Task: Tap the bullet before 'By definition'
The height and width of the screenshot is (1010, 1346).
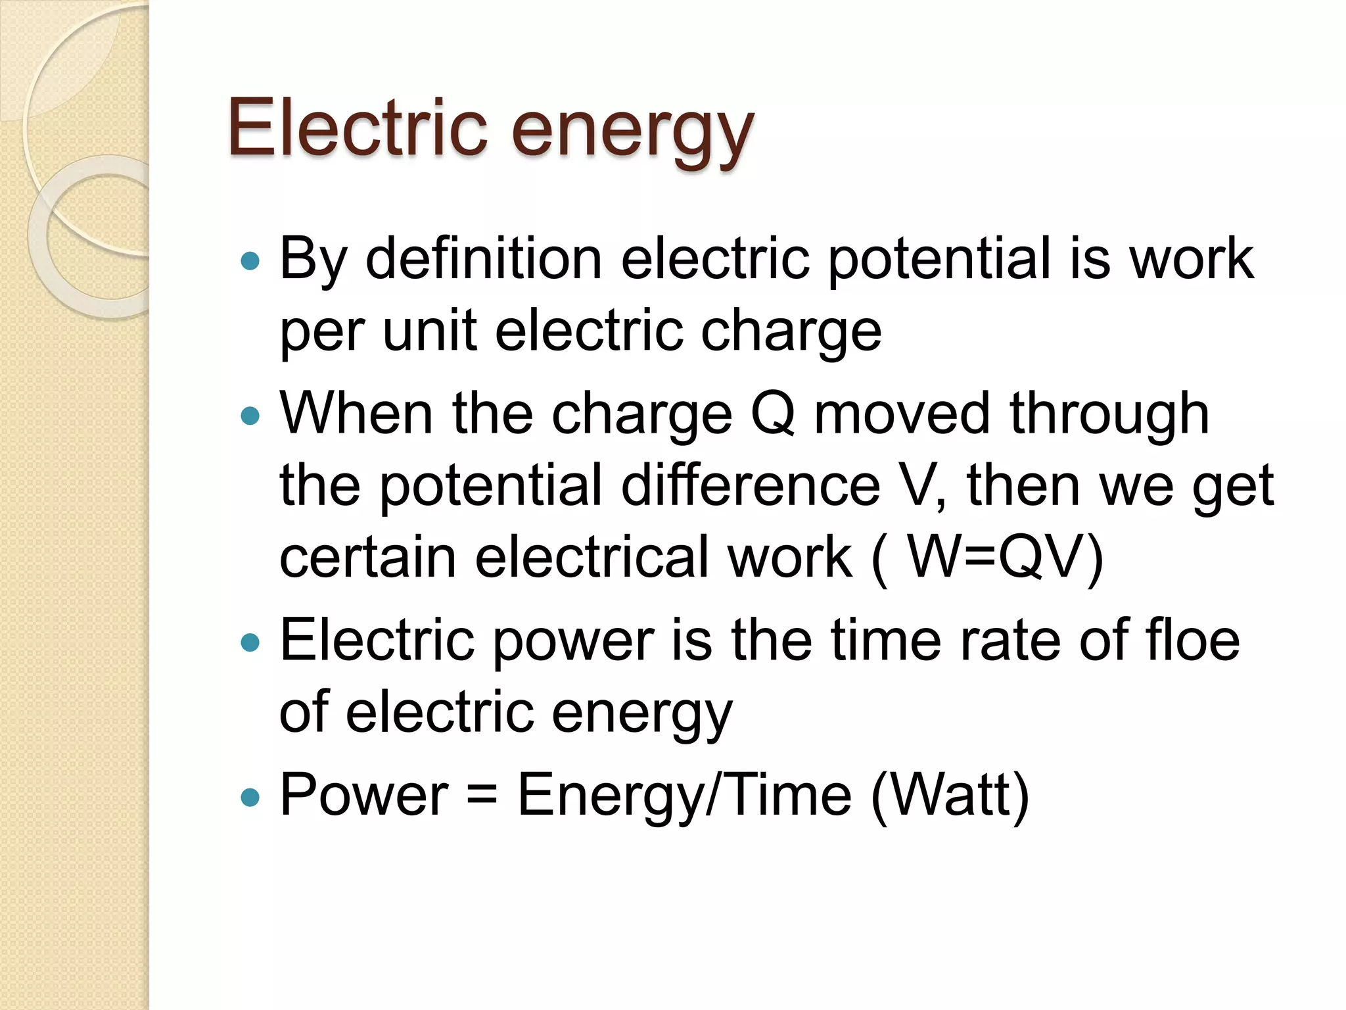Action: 250,262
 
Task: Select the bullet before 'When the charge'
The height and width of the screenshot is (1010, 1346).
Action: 250,416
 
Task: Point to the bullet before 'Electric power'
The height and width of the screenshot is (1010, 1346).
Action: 250,642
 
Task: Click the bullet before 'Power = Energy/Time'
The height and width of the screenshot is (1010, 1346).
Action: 250,798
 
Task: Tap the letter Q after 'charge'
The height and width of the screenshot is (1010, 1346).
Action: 773,414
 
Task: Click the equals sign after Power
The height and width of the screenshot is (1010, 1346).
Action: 482,796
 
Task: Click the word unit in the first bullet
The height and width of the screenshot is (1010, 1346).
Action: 429,330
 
